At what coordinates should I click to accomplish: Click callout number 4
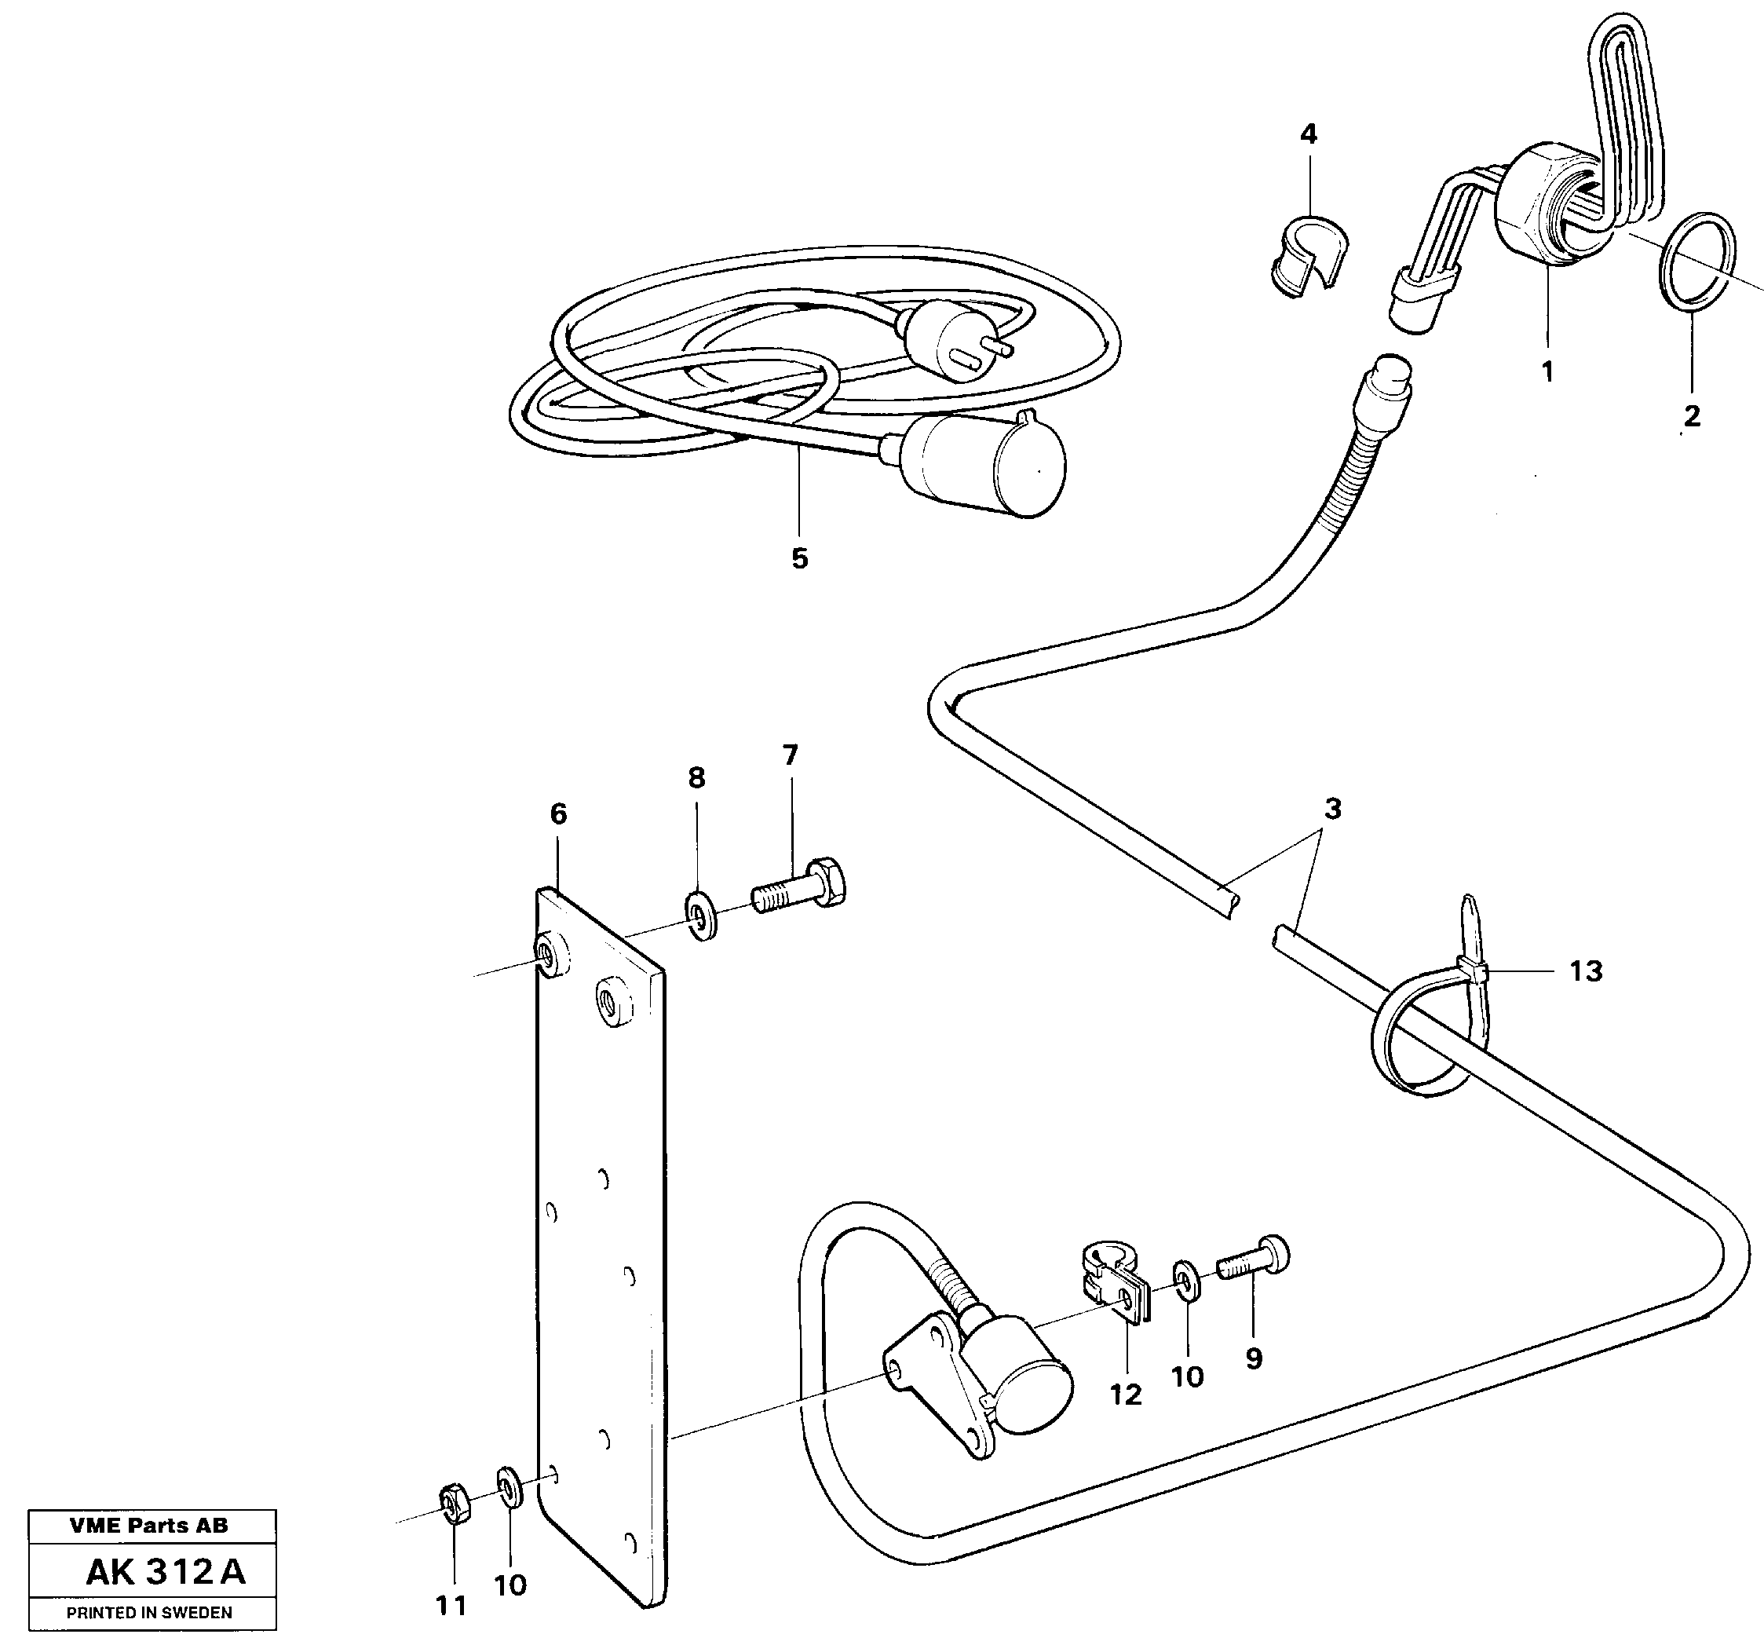1308,135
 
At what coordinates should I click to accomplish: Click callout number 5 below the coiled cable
799,559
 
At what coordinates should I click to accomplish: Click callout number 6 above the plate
558,814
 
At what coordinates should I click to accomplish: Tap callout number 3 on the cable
1332,810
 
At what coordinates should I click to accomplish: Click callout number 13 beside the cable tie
1586,971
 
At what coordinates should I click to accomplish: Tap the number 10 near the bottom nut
510,1584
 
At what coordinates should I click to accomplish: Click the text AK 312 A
165,1573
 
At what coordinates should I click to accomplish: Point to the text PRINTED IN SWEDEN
149,1613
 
